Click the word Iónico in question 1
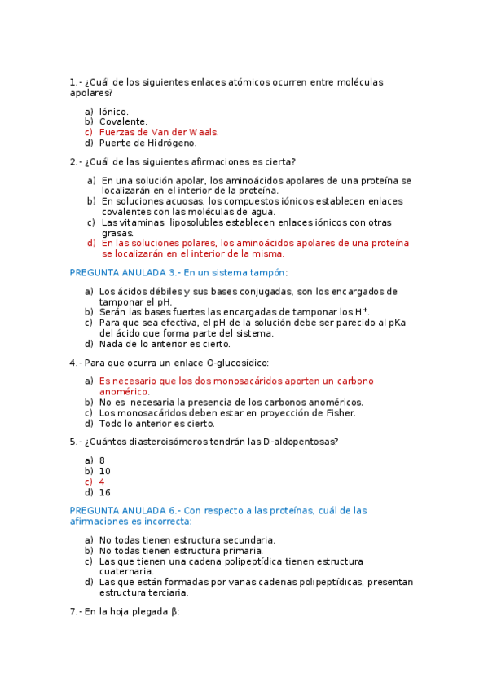[x=113, y=111]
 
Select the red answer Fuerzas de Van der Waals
[x=159, y=131]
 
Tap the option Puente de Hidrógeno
[x=147, y=142]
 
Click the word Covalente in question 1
[x=123, y=121]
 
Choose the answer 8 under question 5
[x=102, y=460]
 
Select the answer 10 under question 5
[x=104, y=471]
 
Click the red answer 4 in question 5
[x=102, y=482]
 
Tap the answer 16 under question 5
[x=104, y=492]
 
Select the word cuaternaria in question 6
[x=128, y=571]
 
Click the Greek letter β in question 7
[x=174, y=611]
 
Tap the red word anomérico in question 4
[x=124, y=391]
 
